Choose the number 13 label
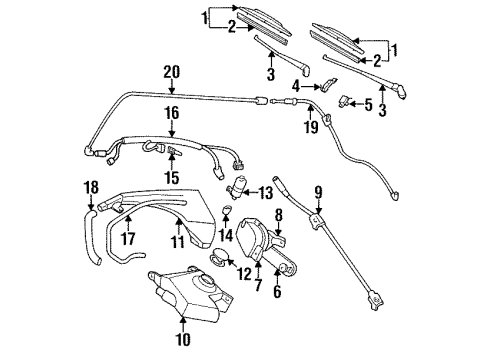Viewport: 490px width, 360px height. click(265, 192)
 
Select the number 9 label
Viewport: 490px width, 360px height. click(318, 191)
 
